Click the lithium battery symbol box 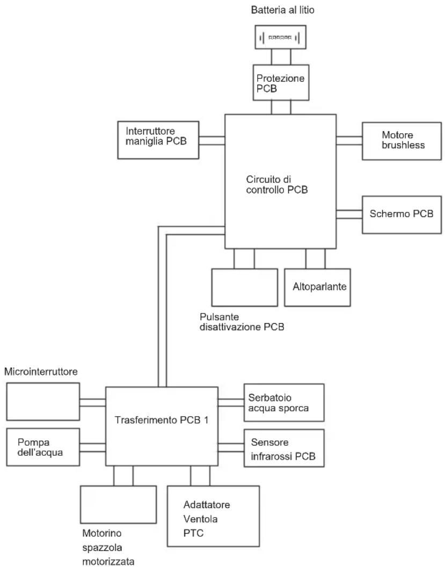[x=281, y=37]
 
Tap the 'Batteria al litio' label [x=283, y=10]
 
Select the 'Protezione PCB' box [x=281, y=83]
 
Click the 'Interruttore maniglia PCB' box [x=158, y=140]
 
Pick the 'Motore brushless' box [x=402, y=141]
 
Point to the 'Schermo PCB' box [x=402, y=215]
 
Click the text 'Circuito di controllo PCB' [x=277, y=184]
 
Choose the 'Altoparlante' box [x=317, y=287]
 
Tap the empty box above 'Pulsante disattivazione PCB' [x=245, y=287]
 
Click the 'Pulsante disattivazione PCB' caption [x=242, y=322]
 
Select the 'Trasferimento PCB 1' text [x=162, y=420]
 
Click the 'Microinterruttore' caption [x=41, y=372]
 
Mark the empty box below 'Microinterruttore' [x=43, y=402]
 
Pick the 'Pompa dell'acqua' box [x=43, y=447]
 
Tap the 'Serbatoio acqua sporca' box [x=284, y=403]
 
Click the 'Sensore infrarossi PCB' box [x=284, y=448]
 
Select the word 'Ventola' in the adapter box [x=201, y=519]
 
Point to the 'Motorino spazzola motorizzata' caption [x=108, y=547]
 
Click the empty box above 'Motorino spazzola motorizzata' [x=119, y=504]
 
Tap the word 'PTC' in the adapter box [x=193, y=533]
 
